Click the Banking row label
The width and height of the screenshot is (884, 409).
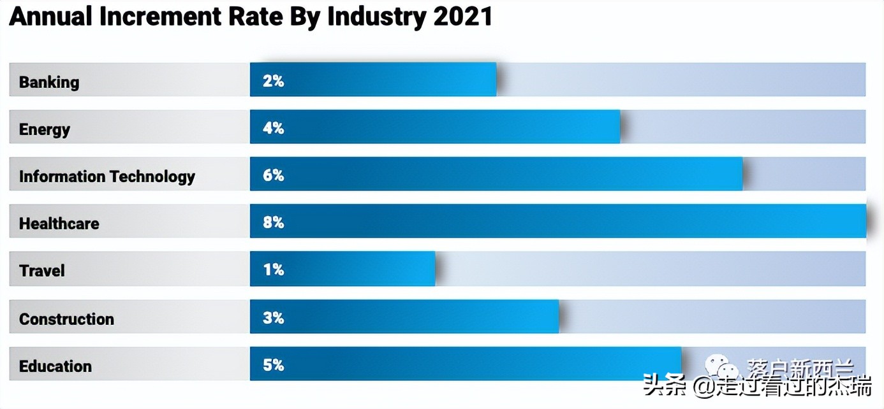(x=49, y=82)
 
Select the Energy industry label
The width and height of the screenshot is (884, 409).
(x=45, y=129)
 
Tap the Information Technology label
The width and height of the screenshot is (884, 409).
(x=107, y=176)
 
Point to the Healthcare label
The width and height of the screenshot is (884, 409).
(x=59, y=224)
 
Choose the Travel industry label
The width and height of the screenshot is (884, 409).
(x=42, y=271)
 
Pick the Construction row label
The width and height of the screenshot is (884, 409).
(x=66, y=319)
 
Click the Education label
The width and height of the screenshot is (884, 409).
(x=55, y=366)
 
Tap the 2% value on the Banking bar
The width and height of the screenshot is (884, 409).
(x=273, y=81)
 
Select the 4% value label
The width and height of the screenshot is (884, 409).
(x=273, y=128)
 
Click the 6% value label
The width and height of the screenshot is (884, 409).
(x=273, y=175)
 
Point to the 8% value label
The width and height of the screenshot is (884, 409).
(x=273, y=222)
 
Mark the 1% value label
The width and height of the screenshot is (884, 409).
(x=273, y=269)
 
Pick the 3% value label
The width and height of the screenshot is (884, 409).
(x=273, y=317)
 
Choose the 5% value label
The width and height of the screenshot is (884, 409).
(x=273, y=365)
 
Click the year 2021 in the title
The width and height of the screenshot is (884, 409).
(x=463, y=17)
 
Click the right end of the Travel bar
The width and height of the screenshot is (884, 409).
(x=433, y=269)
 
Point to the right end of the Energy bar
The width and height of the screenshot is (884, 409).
(x=618, y=127)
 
